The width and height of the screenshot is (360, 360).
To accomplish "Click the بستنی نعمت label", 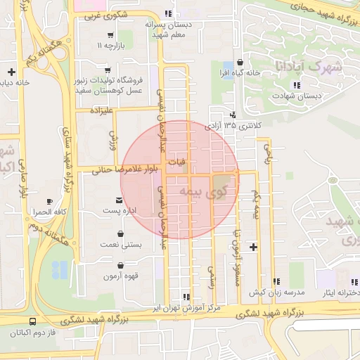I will tap(122, 245).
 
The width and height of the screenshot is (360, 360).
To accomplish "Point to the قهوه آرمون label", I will tap(122, 276).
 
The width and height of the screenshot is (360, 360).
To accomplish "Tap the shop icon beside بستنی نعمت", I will tap(122, 235).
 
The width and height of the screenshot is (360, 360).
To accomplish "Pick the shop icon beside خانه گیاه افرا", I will tap(240, 63).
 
